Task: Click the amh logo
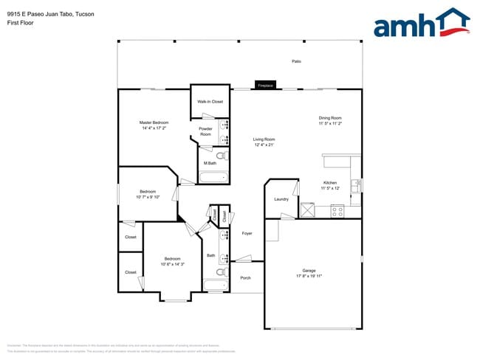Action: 421,24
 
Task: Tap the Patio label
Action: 296,61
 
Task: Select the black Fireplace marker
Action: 265,86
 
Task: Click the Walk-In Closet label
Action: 210,101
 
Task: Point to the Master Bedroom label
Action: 154,122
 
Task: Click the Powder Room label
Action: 205,131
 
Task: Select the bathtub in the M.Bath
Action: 214,176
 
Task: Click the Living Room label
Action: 264,139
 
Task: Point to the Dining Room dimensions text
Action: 330,124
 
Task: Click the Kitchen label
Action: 330,182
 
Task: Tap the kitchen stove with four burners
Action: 337,211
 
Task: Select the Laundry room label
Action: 281,199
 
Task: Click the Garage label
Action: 309,270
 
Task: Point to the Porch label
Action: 246,278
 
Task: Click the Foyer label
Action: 247,233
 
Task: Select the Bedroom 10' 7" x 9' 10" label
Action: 148,193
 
